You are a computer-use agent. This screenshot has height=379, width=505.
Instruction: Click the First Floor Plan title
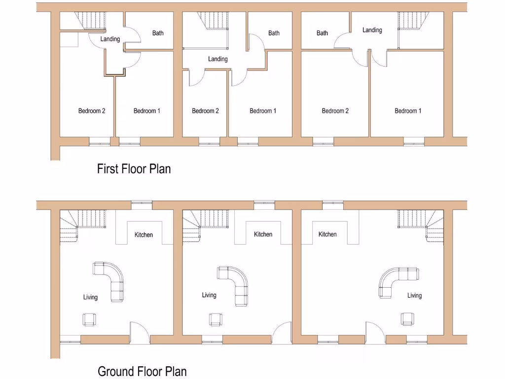134,169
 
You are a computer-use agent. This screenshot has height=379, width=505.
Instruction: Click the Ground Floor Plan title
142,371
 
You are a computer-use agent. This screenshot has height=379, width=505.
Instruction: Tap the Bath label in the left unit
158,33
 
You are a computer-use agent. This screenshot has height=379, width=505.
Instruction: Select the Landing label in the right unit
372,30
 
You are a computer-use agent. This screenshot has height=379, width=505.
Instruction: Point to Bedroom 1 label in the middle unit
263,111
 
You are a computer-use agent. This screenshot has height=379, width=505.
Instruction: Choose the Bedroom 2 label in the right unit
335,111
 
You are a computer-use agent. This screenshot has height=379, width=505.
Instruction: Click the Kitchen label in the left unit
144,235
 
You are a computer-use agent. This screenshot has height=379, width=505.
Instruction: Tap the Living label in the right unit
414,296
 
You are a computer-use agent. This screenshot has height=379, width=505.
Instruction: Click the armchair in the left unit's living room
89,319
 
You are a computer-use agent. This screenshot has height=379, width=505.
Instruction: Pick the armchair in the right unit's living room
407,319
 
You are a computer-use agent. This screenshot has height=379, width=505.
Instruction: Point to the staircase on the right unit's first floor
411,22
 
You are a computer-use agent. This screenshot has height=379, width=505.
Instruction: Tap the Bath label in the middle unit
274,33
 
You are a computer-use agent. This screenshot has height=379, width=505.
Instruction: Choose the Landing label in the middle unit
217,59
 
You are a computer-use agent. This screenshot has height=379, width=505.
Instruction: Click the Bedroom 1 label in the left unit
146,111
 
